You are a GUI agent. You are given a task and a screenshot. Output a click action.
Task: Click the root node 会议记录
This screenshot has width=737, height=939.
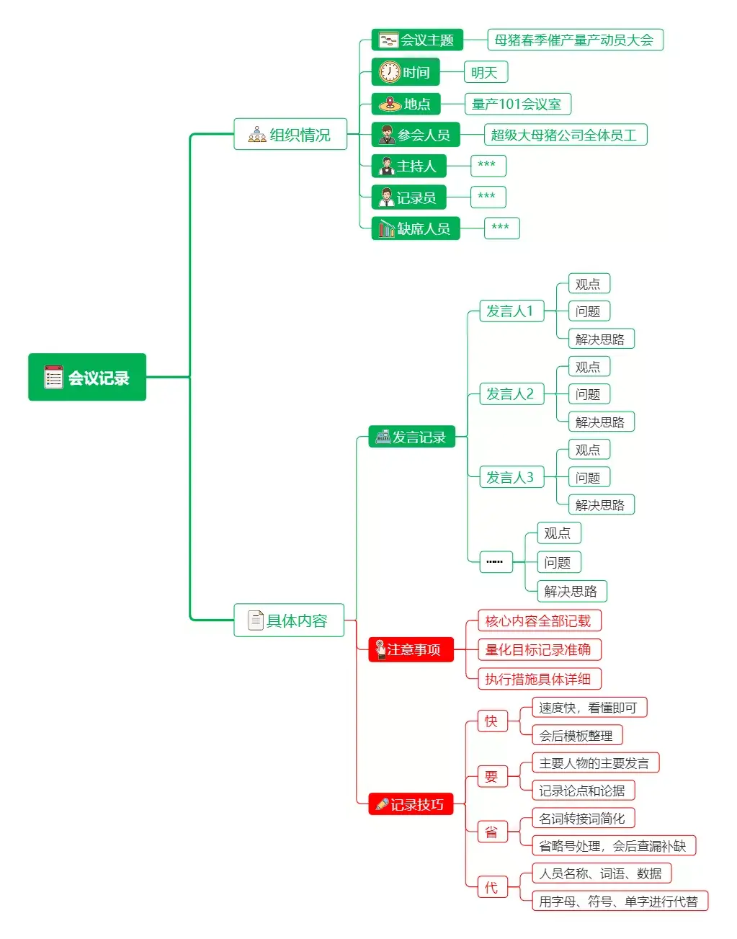(87, 377)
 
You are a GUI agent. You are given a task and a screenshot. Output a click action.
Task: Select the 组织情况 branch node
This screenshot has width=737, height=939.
(290, 134)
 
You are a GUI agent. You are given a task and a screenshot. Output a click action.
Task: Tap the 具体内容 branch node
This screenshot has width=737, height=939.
(289, 620)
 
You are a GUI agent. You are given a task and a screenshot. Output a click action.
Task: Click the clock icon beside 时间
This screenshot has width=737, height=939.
(390, 72)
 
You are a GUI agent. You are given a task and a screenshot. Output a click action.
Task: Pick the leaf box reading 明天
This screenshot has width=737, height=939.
(485, 72)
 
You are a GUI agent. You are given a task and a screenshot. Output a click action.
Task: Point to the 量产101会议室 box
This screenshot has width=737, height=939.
(517, 104)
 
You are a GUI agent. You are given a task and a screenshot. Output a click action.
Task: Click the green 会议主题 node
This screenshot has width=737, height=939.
(417, 40)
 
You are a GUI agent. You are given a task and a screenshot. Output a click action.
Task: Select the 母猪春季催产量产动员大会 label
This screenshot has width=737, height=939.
(574, 40)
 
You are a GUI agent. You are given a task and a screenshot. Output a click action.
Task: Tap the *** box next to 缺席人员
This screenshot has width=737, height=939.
(501, 228)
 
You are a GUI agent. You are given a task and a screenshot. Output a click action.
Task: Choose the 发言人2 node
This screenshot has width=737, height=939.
(511, 394)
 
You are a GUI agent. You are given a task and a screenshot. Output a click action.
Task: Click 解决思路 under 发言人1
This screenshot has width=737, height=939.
(600, 339)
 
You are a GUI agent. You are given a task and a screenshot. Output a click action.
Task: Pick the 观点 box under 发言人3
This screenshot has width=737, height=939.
(588, 450)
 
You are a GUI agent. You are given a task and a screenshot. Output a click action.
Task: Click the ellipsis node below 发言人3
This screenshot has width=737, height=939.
(496, 561)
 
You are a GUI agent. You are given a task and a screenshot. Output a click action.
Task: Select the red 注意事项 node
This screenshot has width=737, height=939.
(411, 649)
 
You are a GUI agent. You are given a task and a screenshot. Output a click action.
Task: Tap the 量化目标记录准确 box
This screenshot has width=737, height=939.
(538, 649)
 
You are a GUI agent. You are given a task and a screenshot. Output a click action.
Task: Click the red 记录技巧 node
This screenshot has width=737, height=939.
(411, 804)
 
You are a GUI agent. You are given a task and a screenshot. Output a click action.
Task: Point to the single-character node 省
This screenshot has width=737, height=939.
(492, 832)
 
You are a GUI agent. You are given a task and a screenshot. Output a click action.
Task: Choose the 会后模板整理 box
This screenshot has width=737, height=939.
(576, 735)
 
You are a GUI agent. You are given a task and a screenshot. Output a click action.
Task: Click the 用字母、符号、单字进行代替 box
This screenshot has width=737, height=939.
(619, 901)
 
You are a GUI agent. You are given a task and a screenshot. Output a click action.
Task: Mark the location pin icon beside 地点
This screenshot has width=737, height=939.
(390, 104)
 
